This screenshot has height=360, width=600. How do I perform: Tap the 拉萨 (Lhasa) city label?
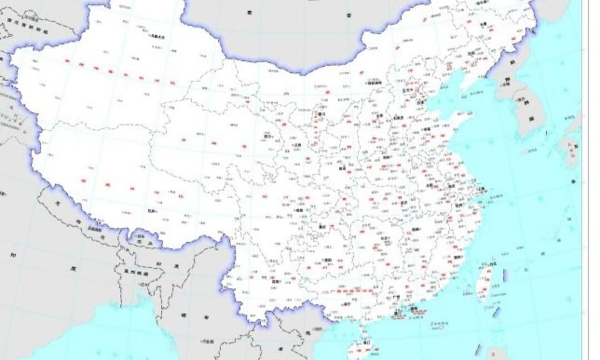152,211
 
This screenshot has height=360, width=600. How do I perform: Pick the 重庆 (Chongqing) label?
322,226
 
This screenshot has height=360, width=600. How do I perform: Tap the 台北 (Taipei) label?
494,263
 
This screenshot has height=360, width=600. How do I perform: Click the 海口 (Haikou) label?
366,343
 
